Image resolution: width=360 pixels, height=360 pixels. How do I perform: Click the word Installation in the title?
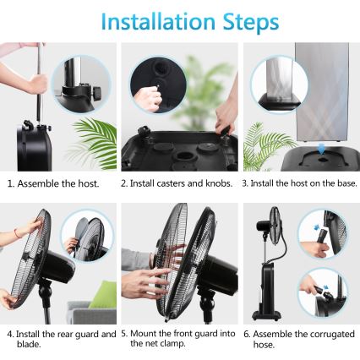click(148, 21)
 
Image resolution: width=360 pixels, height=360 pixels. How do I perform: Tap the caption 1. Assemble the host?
click(53, 183)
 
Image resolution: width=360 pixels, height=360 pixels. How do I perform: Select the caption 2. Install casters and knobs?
click(177, 183)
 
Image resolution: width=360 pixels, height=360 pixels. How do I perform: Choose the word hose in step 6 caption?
click(265, 344)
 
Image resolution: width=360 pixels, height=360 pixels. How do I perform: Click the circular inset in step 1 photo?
click(82, 84)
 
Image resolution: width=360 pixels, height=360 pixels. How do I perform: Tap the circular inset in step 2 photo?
click(156, 86)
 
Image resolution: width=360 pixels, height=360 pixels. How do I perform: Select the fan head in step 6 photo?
click(275, 226)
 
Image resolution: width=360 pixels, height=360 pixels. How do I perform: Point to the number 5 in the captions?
click(124, 334)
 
